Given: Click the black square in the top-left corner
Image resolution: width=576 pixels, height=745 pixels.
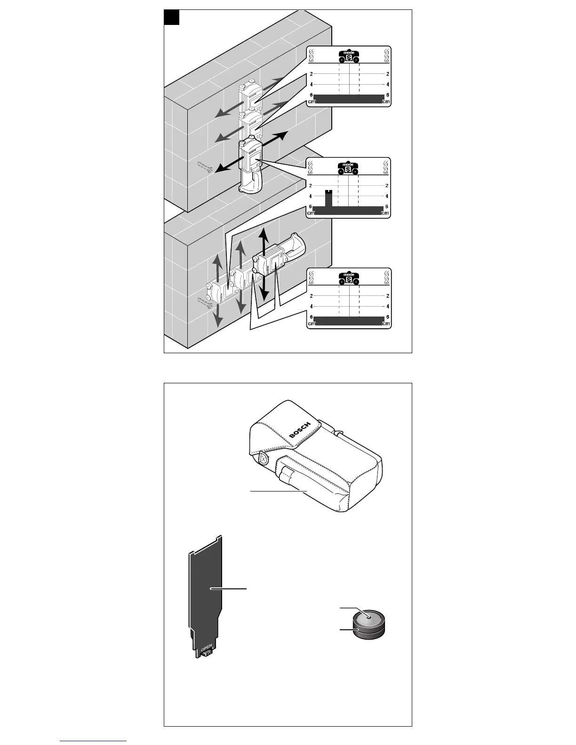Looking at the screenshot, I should [172, 17].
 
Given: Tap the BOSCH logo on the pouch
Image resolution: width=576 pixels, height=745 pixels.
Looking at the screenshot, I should [300, 430].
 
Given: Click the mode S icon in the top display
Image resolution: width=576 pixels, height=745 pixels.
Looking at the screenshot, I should [349, 57].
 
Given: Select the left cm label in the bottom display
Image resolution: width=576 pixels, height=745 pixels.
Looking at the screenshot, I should [311, 324].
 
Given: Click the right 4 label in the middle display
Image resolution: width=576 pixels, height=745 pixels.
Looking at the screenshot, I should [387, 196].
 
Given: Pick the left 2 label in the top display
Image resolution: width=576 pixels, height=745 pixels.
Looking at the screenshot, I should [311, 74].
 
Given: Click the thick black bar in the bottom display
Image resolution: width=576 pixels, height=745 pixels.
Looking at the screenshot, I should [349, 320].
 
